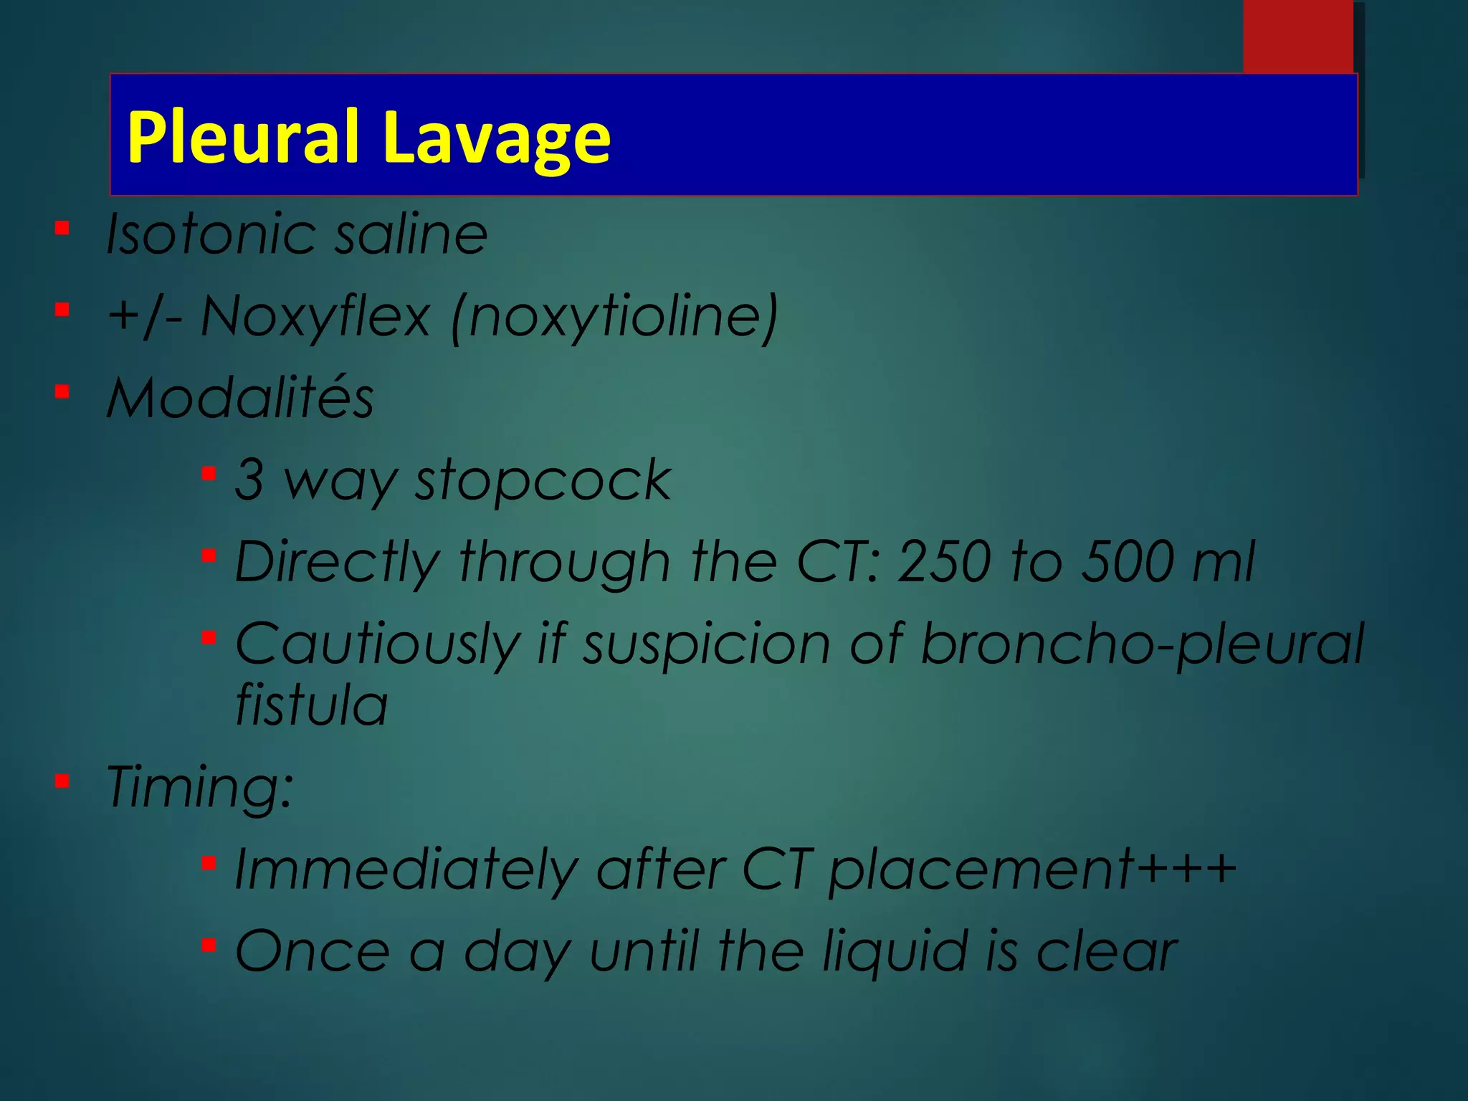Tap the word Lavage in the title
pos(496,138)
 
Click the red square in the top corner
pos(1297,36)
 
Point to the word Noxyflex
pos(315,316)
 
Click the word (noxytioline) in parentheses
pos(615,318)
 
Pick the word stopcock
pos(543,480)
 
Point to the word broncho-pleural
pos(1141,644)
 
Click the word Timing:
pos(200,786)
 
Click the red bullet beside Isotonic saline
pos(62,229)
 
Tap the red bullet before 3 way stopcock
pos(209,474)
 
